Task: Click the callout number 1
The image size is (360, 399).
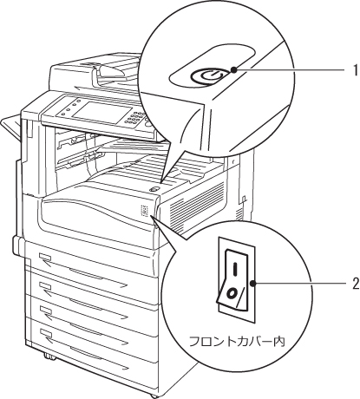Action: click(x=355, y=70)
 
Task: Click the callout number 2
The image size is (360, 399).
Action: click(x=355, y=284)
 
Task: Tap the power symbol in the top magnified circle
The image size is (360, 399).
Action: click(x=206, y=76)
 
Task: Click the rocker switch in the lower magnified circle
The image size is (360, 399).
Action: click(x=233, y=280)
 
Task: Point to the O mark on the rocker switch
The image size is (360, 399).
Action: click(x=232, y=293)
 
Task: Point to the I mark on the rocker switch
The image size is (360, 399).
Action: click(x=235, y=268)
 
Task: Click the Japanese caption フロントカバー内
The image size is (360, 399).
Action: click(x=237, y=342)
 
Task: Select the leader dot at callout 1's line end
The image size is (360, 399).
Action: click(x=234, y=69)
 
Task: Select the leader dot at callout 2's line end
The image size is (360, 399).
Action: click(x=253, y=284)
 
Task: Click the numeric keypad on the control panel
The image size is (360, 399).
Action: click(x=135, y=120)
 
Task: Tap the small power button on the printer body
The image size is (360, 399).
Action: click(x=154, y=189)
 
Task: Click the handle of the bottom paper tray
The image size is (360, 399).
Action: click(x=87, y=353)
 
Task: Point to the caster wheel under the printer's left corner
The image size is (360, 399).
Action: click(x=49, y=357)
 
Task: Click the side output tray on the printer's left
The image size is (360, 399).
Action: click(x=11, y=128)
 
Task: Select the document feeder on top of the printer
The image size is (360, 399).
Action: click(x=95, y=71)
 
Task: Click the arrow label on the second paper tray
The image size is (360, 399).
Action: click(x=46, y=290)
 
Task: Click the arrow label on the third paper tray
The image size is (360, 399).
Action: click(x=46, y=313)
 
